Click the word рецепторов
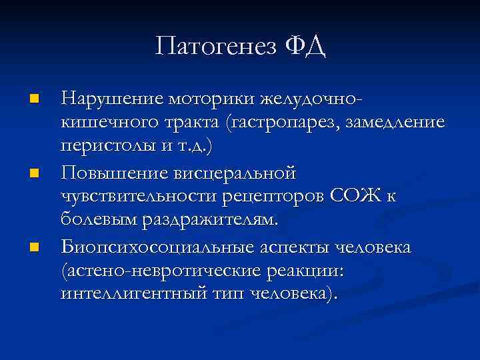267,199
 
